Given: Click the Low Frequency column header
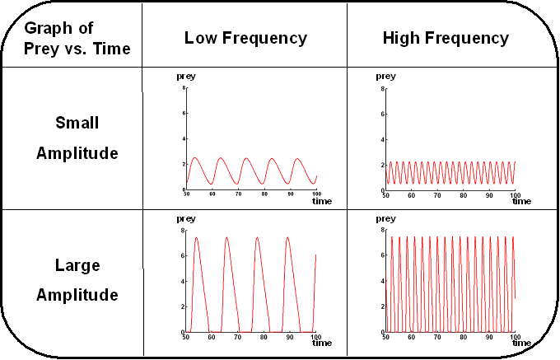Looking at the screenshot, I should (245, 38).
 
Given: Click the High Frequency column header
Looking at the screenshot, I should (446, 38).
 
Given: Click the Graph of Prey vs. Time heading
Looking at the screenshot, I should (77, 38).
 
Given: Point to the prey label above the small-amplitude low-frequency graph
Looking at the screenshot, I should (186, 77).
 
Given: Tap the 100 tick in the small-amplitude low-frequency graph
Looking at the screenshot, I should (315, 194).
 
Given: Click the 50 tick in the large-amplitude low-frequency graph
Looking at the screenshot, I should (187, 337).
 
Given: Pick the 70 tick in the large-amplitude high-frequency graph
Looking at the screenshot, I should (437, 337).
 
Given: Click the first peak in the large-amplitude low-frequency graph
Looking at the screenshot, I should (196, 237).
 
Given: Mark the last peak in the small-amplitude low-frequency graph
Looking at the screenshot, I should (296, 158).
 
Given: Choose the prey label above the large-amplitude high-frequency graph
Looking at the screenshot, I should (385, 220).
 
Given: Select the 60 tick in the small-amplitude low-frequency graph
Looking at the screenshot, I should (212, 194).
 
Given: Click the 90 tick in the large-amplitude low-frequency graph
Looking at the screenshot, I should (290, 337).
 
